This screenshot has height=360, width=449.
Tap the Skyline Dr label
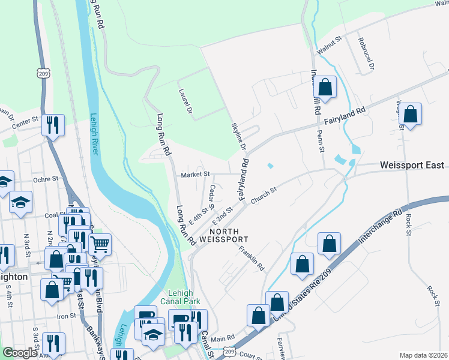239,137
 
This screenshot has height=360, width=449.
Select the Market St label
196,174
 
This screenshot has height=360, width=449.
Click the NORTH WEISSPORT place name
228,235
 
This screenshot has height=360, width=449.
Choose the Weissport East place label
412,165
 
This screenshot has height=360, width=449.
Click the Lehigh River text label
94,133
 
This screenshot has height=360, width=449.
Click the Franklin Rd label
251,257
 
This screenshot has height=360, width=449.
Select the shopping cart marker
100,243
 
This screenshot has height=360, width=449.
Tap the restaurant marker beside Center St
53,125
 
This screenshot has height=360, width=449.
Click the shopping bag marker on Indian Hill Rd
325,87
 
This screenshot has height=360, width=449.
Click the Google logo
20,353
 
